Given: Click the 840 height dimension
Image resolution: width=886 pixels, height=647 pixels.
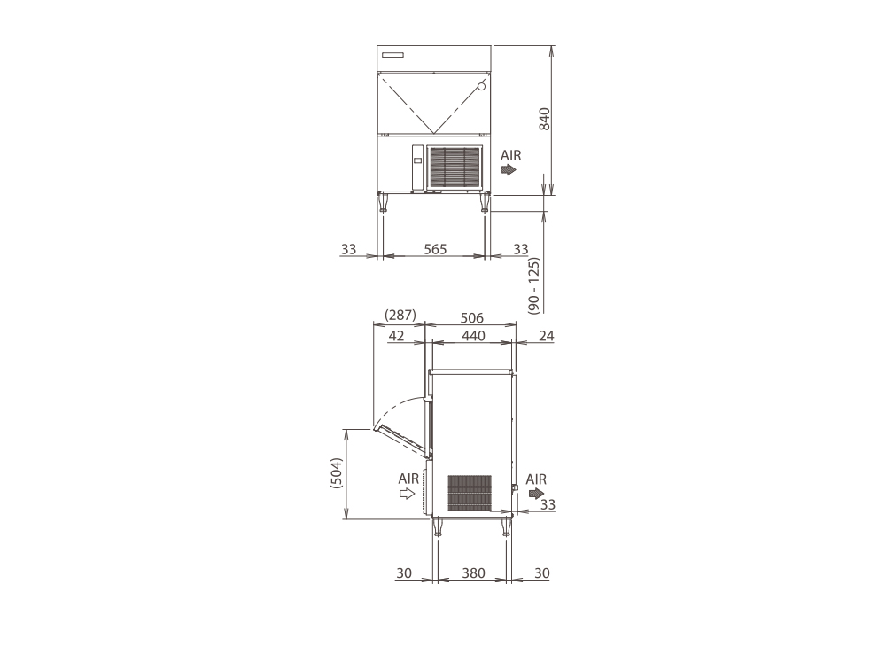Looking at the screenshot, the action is click(544, 120).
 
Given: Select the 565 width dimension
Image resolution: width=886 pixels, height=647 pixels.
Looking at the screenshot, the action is click(435, 249).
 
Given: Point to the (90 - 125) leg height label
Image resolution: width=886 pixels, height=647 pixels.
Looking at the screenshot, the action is click(534, 285).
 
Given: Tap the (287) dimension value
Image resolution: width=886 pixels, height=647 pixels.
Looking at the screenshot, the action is click(400, 315).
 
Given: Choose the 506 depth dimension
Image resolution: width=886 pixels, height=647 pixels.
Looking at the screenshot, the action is click(472, 318).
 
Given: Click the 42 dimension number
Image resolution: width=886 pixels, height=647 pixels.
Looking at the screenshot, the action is click(397, 336).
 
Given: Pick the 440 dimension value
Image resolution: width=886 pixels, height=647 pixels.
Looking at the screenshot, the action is click(473, 336).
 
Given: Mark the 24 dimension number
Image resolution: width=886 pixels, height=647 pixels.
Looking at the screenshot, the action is click(546, 336).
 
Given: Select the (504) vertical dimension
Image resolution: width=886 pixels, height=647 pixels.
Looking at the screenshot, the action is click(336, 473).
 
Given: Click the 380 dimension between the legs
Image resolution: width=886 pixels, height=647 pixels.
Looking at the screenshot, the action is click(473, 573).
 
